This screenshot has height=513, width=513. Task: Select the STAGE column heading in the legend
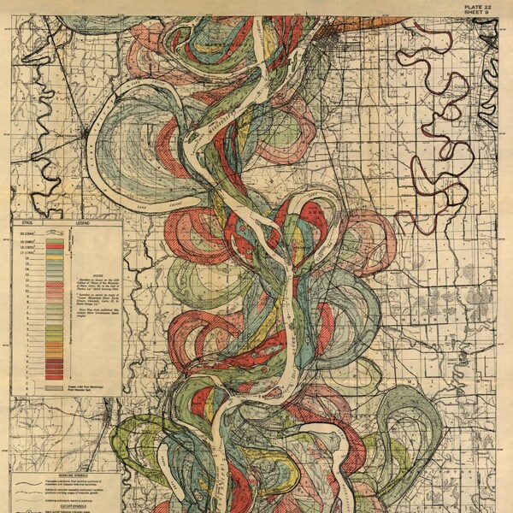[25, 221]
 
